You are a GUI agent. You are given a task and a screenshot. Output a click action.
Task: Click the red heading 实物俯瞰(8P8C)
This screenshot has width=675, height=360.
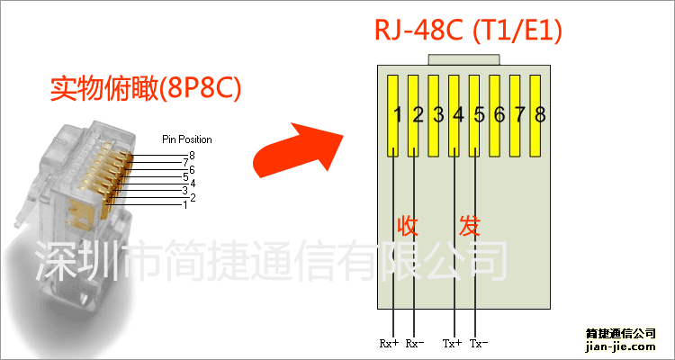[x=148, y=90]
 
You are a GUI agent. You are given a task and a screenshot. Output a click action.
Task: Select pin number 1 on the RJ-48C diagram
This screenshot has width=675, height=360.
[x=397, y=114]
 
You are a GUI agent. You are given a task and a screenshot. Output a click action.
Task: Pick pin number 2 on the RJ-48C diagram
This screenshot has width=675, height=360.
[x=418, y=114]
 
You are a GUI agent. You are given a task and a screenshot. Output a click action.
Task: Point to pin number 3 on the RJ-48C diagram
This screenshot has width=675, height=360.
[x=438, y=114]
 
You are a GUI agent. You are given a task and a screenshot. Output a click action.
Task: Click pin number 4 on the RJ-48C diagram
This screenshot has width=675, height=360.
[x=458, y=114]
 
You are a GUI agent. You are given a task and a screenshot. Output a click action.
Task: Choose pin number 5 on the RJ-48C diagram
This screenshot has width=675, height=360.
[x=479, y=114]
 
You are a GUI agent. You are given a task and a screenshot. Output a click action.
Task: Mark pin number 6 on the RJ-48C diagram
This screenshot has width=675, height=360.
[x=499, y=114]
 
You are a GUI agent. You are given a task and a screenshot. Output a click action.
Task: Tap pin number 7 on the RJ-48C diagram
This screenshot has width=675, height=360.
[x=519, y=114]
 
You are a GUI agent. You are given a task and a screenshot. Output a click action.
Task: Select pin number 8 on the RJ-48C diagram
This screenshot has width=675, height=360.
[x=540, y=114]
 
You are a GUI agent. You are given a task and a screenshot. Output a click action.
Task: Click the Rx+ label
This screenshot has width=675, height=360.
[x=389, y=343]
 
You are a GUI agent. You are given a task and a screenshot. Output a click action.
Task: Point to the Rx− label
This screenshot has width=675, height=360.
[x=415, y=343]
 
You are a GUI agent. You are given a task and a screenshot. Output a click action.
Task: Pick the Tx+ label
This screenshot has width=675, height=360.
[x=452, y=343]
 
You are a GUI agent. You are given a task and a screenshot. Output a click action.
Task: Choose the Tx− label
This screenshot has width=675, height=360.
[x=479, y=343]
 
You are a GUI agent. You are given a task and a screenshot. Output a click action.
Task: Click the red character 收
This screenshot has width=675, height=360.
[x=407, y=225]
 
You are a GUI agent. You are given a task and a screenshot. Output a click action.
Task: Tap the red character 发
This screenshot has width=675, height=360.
[x=470, y=225]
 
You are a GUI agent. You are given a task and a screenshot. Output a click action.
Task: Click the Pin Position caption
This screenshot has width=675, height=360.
[x=186, y=139]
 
